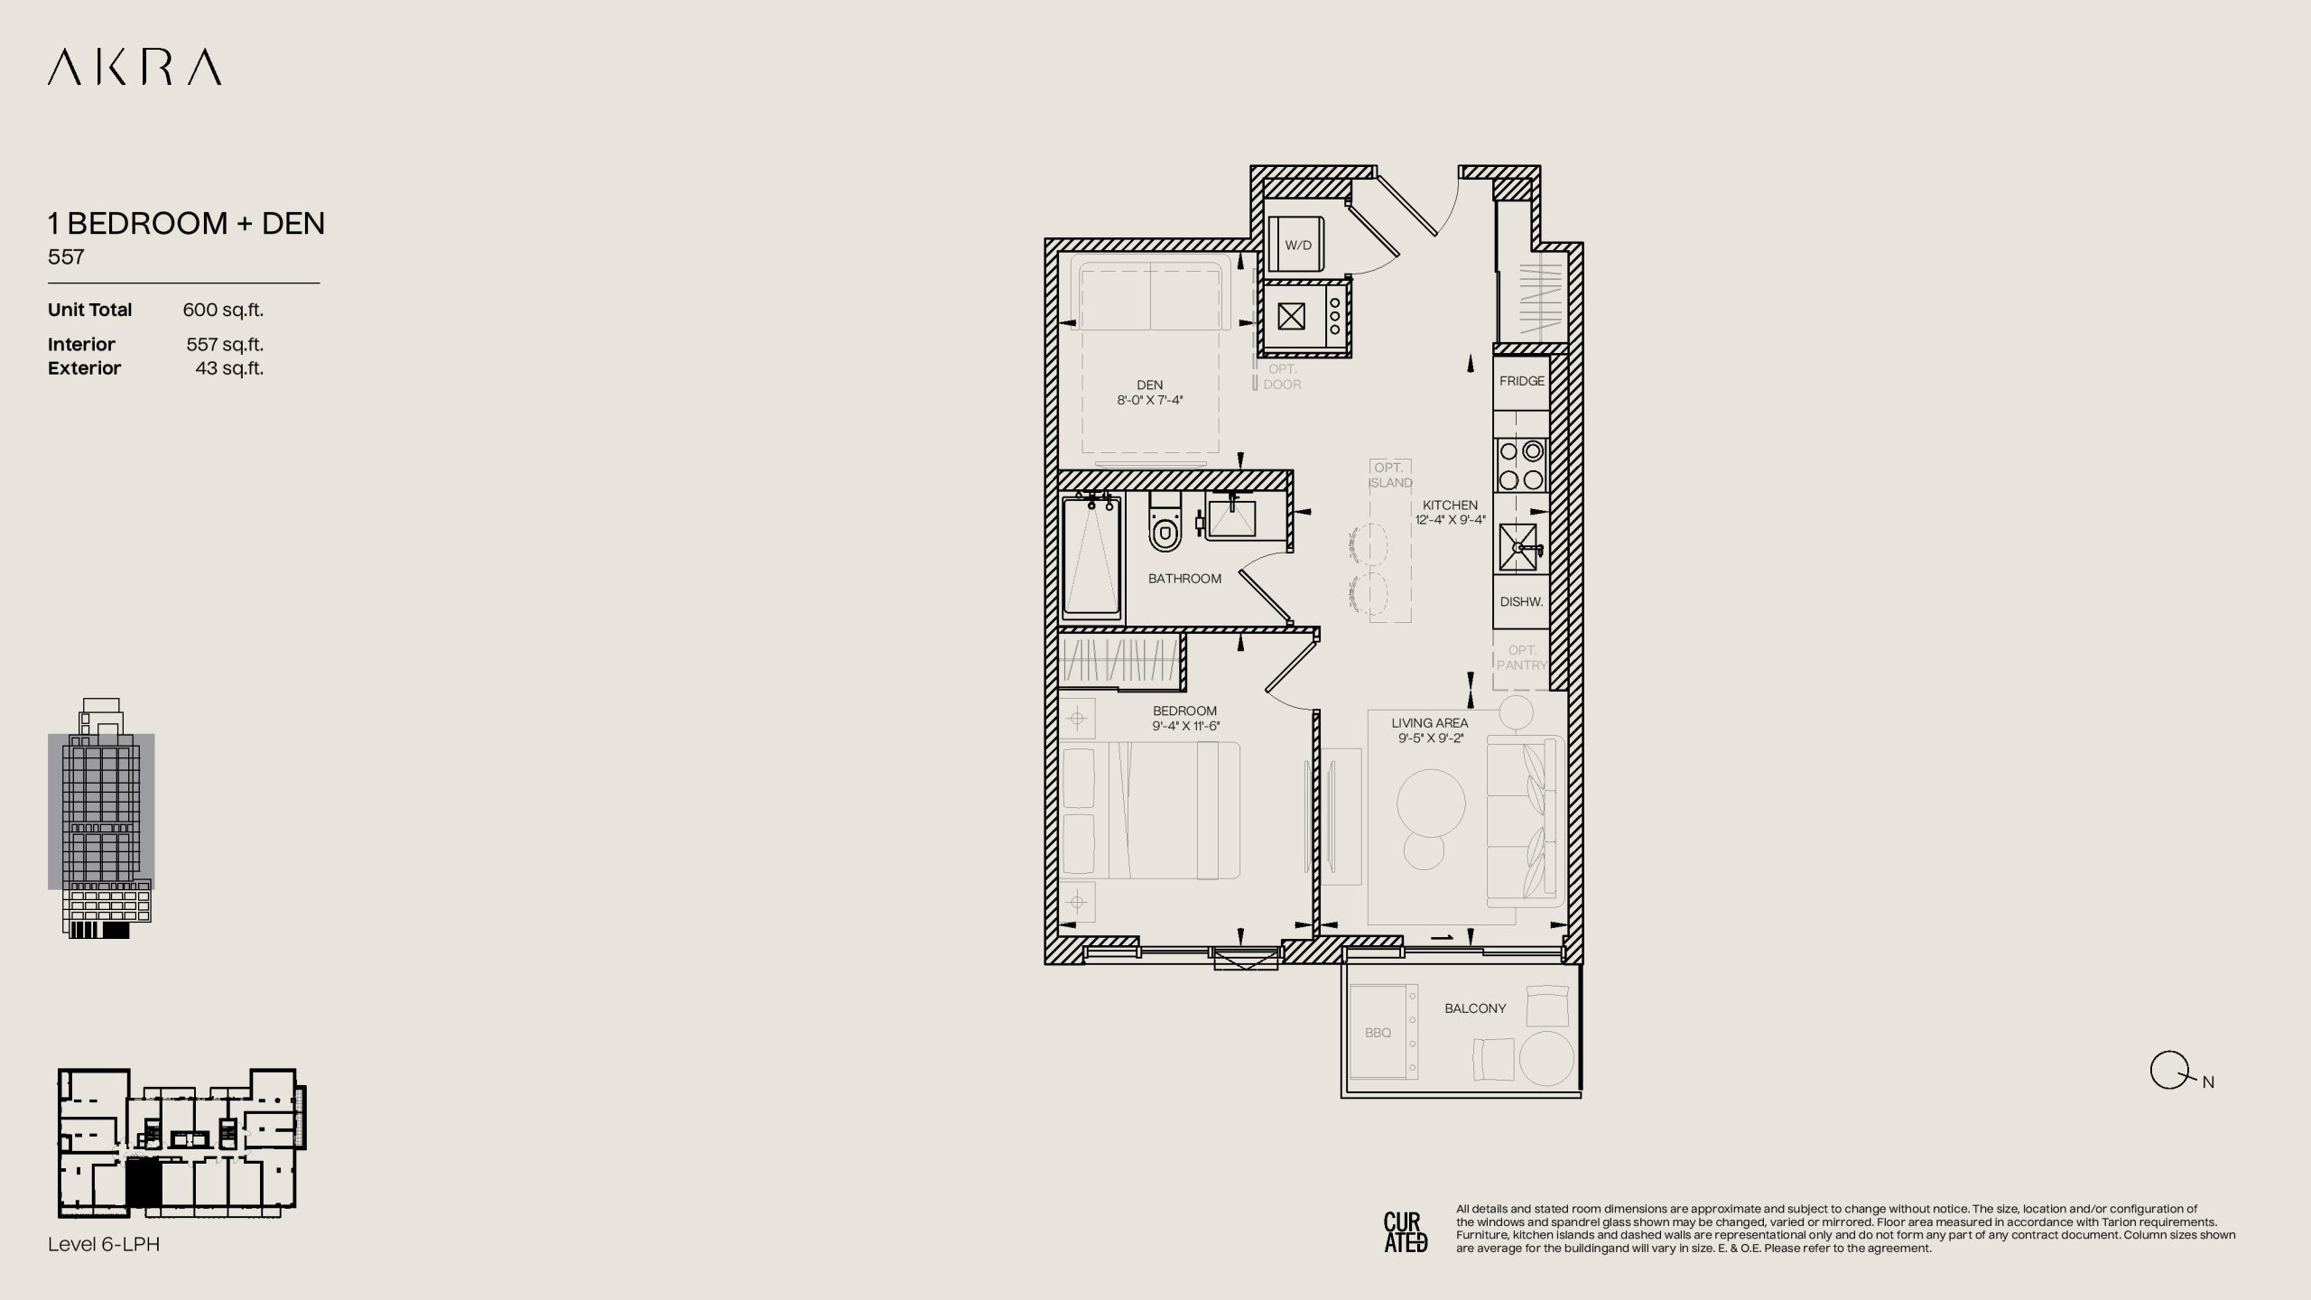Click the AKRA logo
click(135, 68)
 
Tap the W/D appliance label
click(1298, 246)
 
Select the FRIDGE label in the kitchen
click(1522, 381)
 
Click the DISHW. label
click(1521, 602)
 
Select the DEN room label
click(1150, 385)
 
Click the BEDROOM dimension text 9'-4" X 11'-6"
click(1186, 726)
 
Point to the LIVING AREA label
click(1430, 723)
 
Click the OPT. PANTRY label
click(1522, 657)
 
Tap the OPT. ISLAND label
click(1390, 475)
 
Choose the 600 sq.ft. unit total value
click(223, 310)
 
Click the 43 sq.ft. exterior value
click(229, 368)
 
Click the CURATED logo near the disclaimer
click(1406, 1232)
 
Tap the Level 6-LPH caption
click(104, 1244)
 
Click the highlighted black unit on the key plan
click(143, 1184)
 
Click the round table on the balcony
click(1546, 1058)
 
